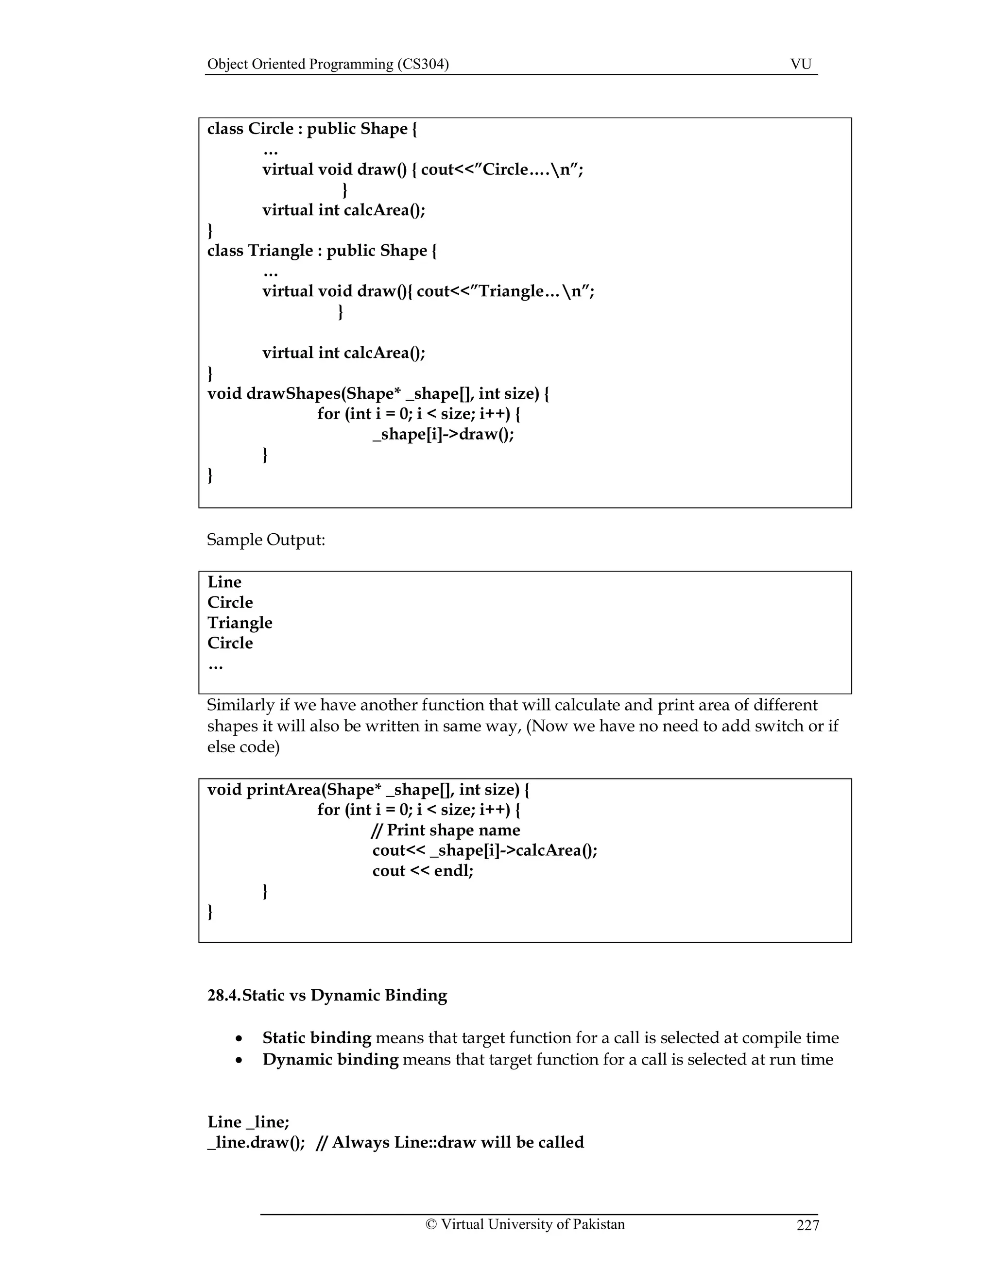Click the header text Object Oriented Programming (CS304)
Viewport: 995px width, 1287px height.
tap(328, 64)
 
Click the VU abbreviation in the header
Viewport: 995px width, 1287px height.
tap(801, 64)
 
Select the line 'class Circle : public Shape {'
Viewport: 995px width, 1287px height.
tap(312, 129)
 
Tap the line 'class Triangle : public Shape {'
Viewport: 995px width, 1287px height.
tap(322, 251)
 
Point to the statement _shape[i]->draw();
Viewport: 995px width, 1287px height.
tap(443, 434)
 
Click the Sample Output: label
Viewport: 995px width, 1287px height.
tap(266, 540)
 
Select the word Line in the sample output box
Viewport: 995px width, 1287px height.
tap(224, 582)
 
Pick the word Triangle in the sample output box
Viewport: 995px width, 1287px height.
tap(240, 623)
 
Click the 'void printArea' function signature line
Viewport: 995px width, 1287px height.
tap(368, 790)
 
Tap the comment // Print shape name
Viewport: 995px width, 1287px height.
tap(446, 830)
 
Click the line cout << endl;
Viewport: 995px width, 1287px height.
tap(423, 871)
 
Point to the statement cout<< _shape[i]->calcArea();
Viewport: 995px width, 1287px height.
tap(484, 850)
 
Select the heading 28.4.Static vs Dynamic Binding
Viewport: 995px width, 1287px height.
tap(327, 995)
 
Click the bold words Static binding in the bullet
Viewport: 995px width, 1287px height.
tap(317, 1038)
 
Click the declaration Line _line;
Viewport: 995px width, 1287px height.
tap(248, 1122)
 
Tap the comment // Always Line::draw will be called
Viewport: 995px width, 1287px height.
tap(450, 1143)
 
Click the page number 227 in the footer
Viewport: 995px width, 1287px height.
tap(807, 1226)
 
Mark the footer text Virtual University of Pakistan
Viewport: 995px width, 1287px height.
tap(532, 1224)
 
